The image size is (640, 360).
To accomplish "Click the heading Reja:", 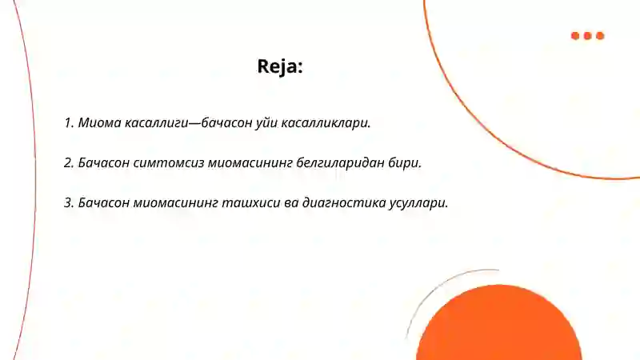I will click(280, 66).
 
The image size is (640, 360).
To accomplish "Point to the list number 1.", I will click(68, 123).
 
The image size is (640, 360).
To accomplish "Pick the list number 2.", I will click(68, 162).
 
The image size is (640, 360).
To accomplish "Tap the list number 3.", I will click(68, 202).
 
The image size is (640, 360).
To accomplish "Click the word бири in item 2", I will click(403, 162).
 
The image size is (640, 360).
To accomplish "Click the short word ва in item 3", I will click(290, 202).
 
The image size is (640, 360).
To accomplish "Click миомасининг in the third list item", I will click(176, 202).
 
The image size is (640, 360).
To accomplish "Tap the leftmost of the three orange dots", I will click(575, 35).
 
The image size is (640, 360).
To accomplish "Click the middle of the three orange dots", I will click(588, 35).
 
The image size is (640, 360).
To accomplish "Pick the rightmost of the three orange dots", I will click(600, 35).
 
